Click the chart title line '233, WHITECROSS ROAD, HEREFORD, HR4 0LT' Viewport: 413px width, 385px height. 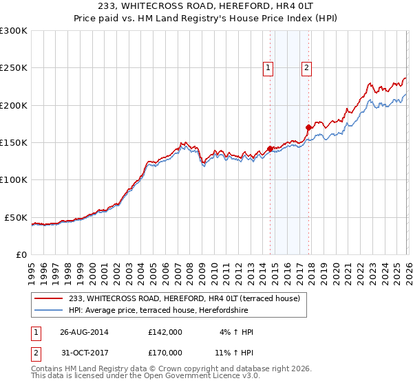coord(206,6)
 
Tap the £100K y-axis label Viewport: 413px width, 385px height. coord(14,179)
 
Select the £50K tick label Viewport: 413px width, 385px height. coord(17,217)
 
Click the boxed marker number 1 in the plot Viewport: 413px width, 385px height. coord(267,67)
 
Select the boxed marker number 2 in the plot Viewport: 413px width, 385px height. coord(306,67)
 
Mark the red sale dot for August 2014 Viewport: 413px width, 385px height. coord(270,148)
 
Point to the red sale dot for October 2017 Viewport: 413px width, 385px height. coord(308,127)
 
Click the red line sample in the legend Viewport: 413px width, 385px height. coord(50,299)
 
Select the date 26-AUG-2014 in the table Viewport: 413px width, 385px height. coord(84,332)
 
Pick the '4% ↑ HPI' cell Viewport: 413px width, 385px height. coord(236,332)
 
